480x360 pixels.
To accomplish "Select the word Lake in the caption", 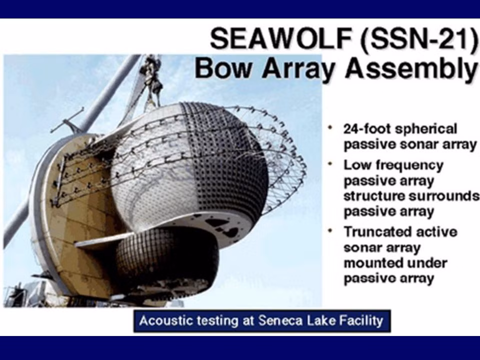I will click(x=318, y=320).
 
